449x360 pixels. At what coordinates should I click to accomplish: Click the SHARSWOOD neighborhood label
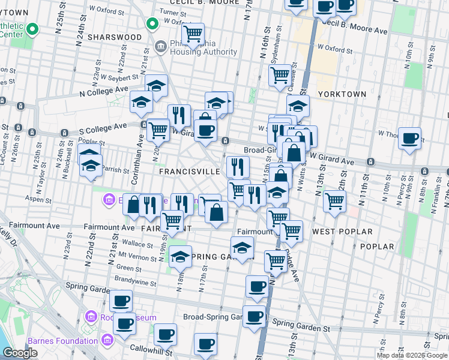[114, 37]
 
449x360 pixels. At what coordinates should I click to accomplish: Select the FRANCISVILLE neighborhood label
[190, 171]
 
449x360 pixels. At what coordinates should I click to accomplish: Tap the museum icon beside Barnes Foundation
[107, 341]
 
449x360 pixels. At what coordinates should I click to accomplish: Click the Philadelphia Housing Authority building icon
[161, 46]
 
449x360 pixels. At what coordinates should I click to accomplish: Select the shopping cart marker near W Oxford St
[192, 34]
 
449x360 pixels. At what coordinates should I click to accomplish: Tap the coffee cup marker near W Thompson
[410, 138]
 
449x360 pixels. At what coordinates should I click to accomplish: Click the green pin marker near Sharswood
[152, 24]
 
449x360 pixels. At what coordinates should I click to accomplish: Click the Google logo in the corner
[20, 353]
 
